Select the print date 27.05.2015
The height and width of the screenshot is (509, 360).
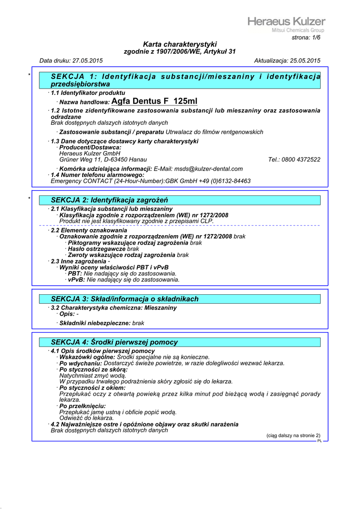pyautogui.click(x=88, y=61)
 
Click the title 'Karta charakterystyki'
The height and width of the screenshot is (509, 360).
pyautogui.click(x=180, y=44)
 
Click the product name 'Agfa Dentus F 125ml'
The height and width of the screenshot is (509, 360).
pyautogui.click(x=154, y=101)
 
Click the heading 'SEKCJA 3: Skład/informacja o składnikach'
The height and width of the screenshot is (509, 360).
pyautogui.click(x=125, y=299)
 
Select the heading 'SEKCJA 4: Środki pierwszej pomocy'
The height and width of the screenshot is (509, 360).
pyautogui.click(x=114, y=342)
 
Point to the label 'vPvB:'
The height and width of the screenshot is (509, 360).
pyautogui.click(x=77, y=280)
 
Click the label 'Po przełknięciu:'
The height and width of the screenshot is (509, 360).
pyautogui.click(x=83, y=406)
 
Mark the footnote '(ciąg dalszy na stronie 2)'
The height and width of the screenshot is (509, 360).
pyautogui.click(x=293, y=435)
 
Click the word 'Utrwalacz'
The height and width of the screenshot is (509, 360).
pyautogui.click(x=180, y=132)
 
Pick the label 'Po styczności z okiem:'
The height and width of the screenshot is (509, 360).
pyautogui.click(x=92, y=388)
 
